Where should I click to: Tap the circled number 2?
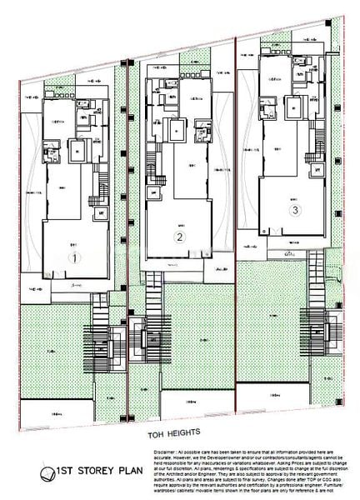[x=178, y=237]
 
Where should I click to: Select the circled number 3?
[x=294, y=211]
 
